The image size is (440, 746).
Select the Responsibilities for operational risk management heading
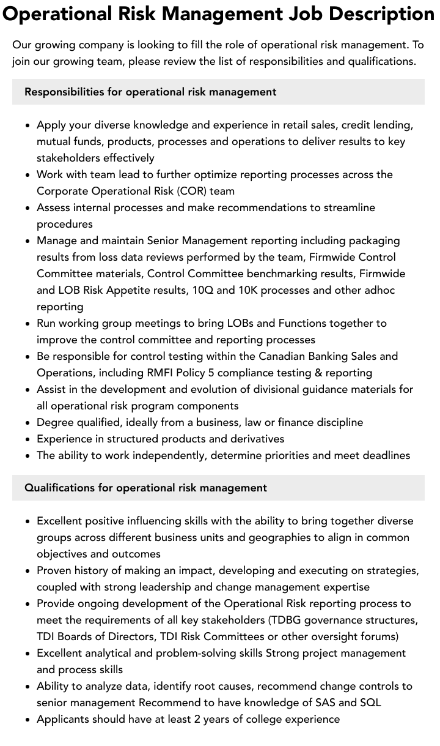pos(150,92)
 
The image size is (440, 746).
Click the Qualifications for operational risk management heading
pos(145,488)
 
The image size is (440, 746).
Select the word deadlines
pos(384,455)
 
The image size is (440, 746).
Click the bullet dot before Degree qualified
pos(28,423)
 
